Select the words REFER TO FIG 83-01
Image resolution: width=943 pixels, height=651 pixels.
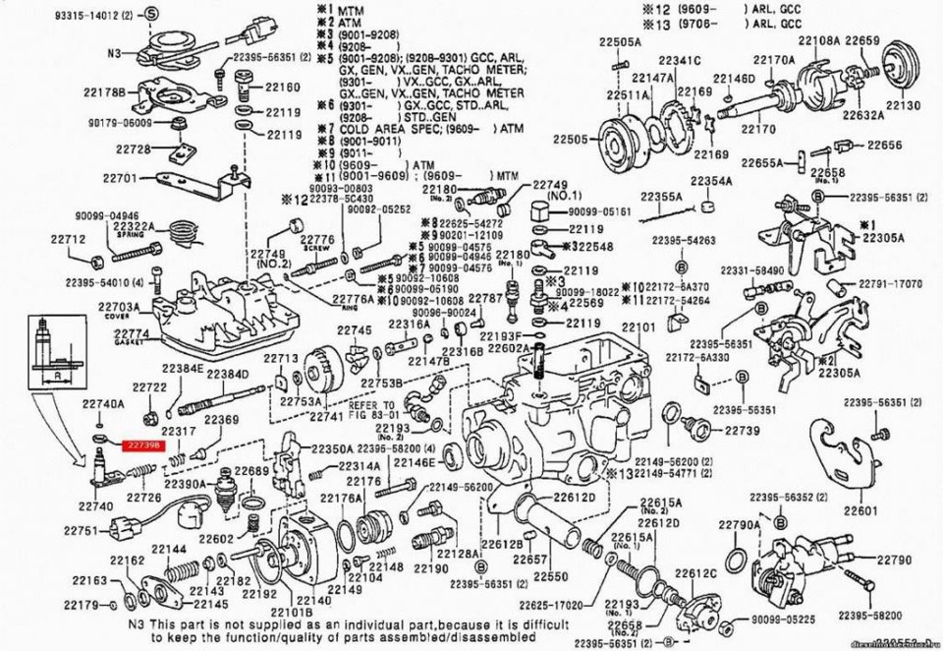click(372, 409)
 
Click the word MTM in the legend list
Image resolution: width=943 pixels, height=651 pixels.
click(351, 10)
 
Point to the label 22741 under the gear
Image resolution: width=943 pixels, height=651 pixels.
click(328, 417)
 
